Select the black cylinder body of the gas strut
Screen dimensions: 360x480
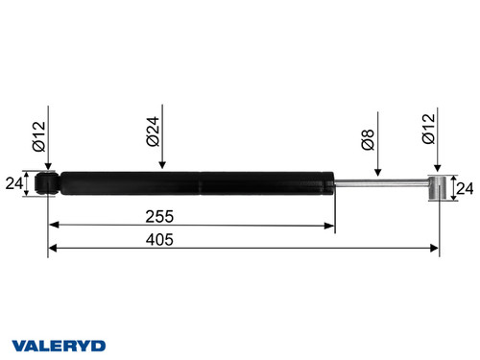pyautogui.click(x=192, y=181)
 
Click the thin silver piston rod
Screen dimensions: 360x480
pyautogui.click(x=379, y=181)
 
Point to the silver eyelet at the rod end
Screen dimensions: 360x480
pyautogui.click(x=438, y=188)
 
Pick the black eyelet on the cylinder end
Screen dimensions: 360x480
pyautogui.click(x=46, y=181)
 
